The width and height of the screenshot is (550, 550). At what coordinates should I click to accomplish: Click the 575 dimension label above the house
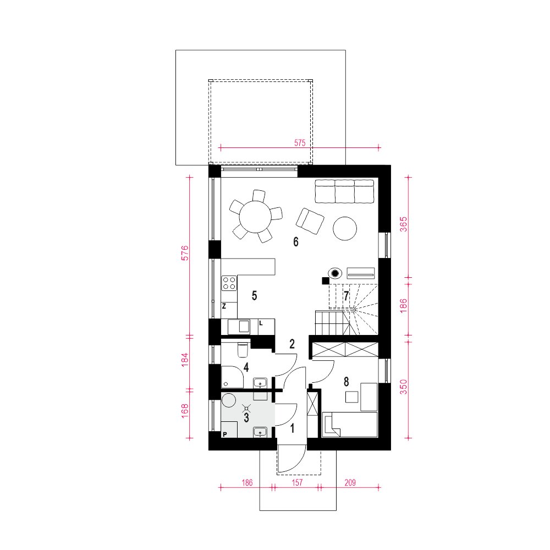pyautogui.click(x=300, y=143)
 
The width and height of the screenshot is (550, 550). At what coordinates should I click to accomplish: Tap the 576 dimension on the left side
pyautogui.click(x=185, y=253)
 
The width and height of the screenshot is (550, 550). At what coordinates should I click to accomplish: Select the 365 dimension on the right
pyautogui.click(x=404, y=224)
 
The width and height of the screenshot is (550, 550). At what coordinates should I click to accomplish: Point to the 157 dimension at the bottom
pyautogui.click(x=297, y=483)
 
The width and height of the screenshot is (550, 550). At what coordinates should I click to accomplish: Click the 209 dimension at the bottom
pyautogui.click(x=350, y=483)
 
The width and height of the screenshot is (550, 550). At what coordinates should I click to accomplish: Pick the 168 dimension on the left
pyautogui.click(x=185, y=411)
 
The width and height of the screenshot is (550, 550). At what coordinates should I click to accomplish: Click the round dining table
pyautogui.click(x=255, y=217)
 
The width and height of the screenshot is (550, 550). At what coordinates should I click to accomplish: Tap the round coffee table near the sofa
pyautogui.click(x=345, y=228)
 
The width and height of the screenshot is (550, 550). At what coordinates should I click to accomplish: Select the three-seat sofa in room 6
pyautogui.click(x=344, y=191)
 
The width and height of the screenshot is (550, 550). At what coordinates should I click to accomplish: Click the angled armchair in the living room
pyautogui.click(x=310, y=221)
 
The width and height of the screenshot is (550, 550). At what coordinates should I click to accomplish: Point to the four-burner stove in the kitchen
pyautogui.click(x=229, y=283)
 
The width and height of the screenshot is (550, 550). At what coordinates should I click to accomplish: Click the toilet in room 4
pyautogui.click(x=243, y=349)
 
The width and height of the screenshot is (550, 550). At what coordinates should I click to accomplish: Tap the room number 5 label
pyautogui.click(x=254, y=296)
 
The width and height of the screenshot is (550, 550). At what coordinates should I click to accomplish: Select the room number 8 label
pyautogui.click(x=346, y=382)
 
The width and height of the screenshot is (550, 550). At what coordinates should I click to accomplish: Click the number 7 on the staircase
pyautogui.click(x=346, y=296)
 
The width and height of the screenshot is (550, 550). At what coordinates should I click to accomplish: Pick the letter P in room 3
pyautogui.click(x=225, y=435)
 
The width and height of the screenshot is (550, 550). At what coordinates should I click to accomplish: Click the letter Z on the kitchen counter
pyautogui.click(x=224, y=306)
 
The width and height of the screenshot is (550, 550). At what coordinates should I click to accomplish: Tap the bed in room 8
pyautogui.click(x=350, y=425)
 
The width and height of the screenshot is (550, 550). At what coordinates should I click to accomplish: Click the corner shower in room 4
pyautogui.click(x=233, y=377)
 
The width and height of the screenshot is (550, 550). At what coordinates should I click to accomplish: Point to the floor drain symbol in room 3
pyautogui.click(x=246, y=408)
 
